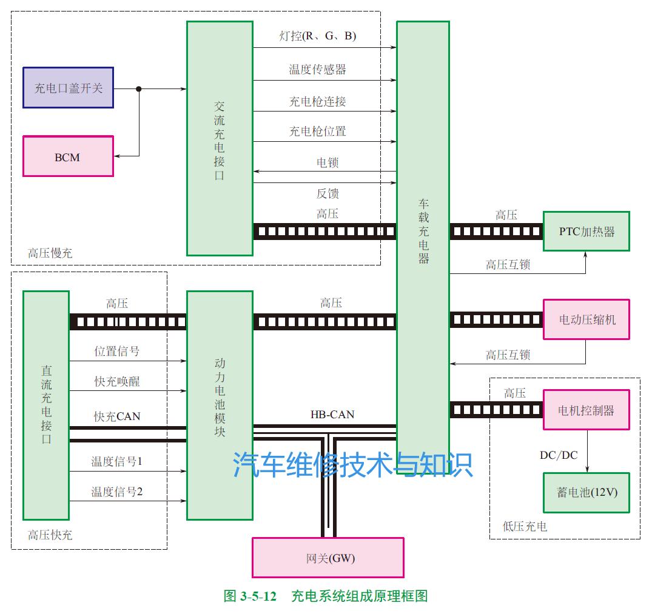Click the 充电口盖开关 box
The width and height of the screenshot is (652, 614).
(68, 88)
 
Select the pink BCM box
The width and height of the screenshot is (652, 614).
(68, 156)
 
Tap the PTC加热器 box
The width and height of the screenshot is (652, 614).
(586, 231)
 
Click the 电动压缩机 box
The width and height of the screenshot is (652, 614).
(586, 319)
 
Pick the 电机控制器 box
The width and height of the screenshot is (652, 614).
(586, 410)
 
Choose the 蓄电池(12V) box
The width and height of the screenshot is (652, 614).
(586, 492)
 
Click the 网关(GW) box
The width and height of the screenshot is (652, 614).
(328, 558)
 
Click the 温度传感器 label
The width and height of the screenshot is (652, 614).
(317, 69)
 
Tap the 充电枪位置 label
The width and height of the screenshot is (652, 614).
(317, 131)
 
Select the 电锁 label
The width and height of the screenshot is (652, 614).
(328, 162)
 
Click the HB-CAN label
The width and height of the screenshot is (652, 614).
(332, 415)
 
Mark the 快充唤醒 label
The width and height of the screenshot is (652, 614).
(117, 381)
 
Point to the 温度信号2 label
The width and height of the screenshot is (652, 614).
(117, 492)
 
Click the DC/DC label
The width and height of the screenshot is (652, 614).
(559, 455)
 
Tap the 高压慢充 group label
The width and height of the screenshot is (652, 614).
(50, 253)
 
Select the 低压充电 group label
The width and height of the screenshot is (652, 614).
(525, 526)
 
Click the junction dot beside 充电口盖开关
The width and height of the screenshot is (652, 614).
(139, 88)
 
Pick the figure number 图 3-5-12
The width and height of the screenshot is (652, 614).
(250, 596)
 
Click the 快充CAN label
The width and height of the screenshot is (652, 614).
(117, 416)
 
